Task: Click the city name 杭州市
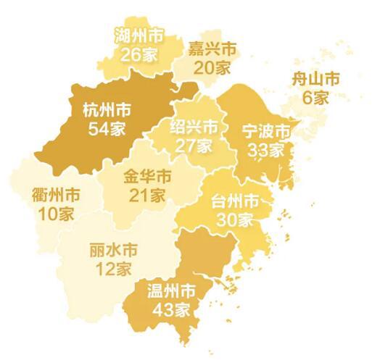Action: click(x=107, y=111)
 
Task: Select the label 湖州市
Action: click(x=139, y=35)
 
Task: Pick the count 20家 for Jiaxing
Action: click(x=212, y=68)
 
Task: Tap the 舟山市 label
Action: click(x=315, y=80)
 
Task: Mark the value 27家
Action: click(x=194, y=146)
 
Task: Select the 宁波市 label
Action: click(x=265, y=133)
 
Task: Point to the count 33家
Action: click(x=265, y=150)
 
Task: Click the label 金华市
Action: click(x=147, y=177)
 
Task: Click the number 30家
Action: click(x=234, y=218)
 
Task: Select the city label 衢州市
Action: click(x=57, y=196)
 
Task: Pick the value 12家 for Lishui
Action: click(x=112, y=269)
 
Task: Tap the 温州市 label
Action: click(x=172, y=292)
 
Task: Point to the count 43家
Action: click(x=172, y=309)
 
